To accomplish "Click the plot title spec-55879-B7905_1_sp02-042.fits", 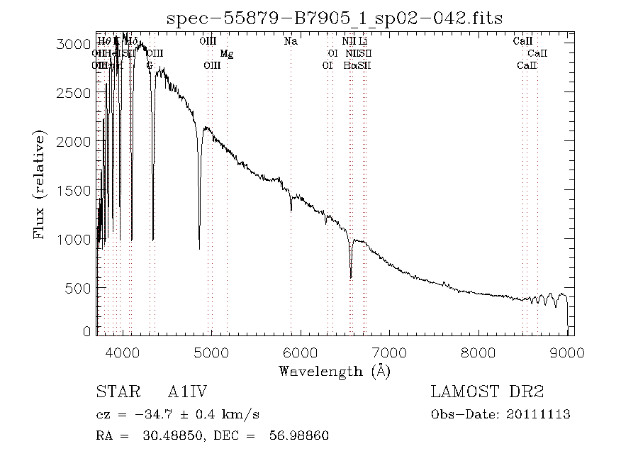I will click(334, 18).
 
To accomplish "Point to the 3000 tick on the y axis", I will click(97, 44).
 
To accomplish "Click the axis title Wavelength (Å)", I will click(334, 370).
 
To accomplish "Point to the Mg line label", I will click(226, 53).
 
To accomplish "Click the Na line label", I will click(290, 41).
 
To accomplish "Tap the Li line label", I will click(362, 41).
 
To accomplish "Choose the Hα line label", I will click(350, 65).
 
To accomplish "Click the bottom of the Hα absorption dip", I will click(351, 277).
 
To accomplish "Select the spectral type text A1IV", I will click(187, 391).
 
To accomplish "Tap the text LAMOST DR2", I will click(487, 391).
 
